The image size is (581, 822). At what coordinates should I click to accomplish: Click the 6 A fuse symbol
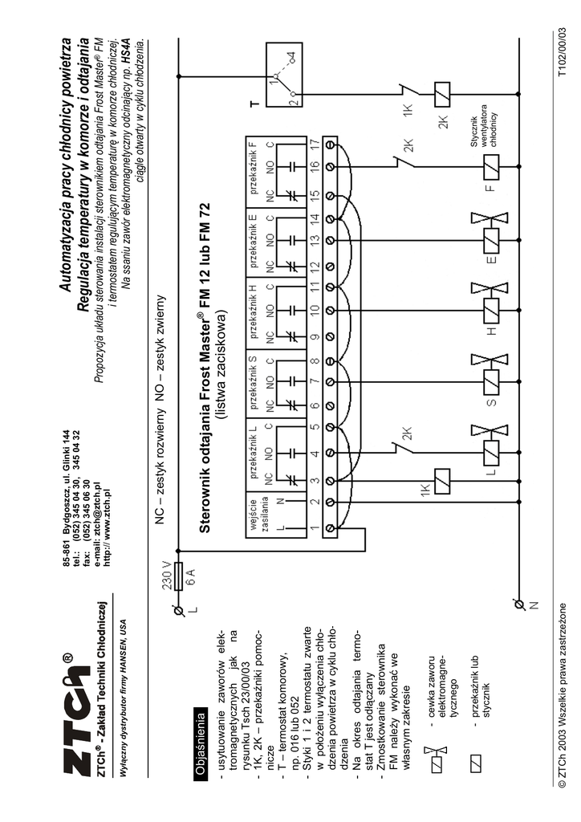click(x=179, y=576)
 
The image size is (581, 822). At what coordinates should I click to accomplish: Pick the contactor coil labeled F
click(x=491, y=166)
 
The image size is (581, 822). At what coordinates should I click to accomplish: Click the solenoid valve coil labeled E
click(x=491, y=239)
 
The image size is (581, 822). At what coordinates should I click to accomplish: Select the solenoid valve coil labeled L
click(x=491, y=453)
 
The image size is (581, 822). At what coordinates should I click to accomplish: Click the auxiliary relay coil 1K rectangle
click(x=441, y=481)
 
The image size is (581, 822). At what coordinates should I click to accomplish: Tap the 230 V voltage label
click(x=167, y=576)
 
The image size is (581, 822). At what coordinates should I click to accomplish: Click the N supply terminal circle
click(x=518, y=604)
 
